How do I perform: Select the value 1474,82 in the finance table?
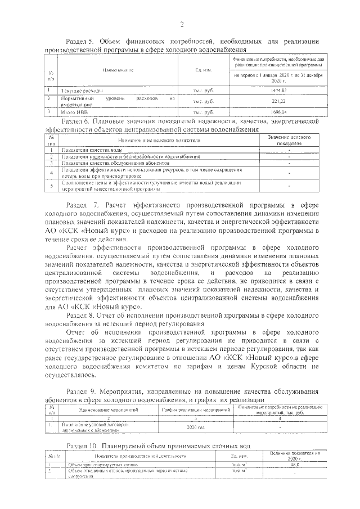[278, 90]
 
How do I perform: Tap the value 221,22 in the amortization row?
[278, 101]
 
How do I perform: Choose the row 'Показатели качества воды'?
[92, 150]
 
